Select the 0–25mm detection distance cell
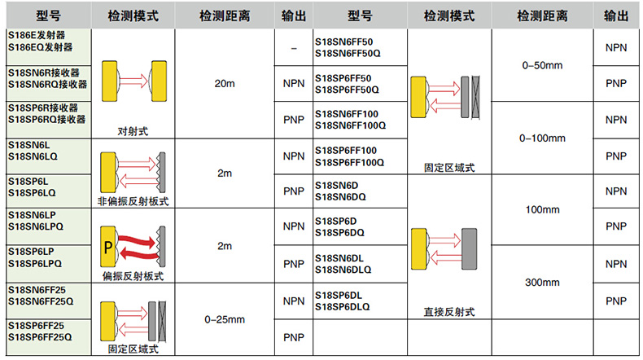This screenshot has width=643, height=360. [225, 319]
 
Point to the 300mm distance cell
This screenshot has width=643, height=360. [543, 283]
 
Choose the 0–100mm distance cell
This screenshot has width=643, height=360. [543, 138]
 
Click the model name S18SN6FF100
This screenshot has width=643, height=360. [346, 113]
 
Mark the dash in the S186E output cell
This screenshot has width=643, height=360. [291, 48]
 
